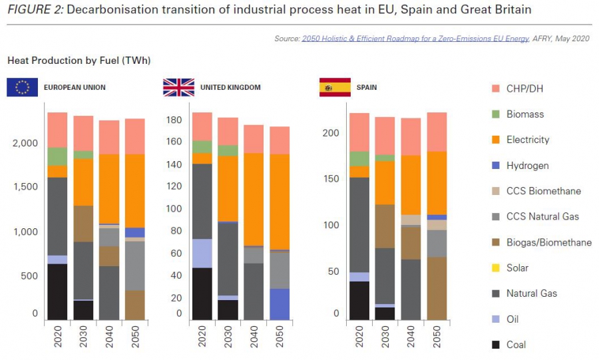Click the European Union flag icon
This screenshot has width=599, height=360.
[22, 87]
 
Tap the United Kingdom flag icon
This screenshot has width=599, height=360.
[178, 87]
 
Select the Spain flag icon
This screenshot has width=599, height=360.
[335, 87]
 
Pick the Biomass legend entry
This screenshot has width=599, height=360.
[524, 114]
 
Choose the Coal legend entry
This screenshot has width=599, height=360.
[516, 345]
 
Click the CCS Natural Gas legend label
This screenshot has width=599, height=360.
[542, 217]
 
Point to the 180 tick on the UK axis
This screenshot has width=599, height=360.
[175, 120]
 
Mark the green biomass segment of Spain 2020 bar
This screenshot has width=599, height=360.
[359, 158]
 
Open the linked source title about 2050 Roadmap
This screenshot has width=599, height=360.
[415, 39]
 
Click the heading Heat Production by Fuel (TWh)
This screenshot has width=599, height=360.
[79, 61]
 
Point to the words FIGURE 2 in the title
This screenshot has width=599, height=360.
[34, 10]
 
